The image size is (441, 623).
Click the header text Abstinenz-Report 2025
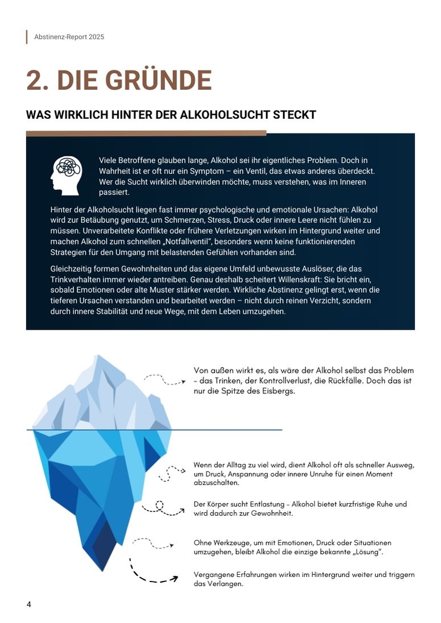click(x=69, y=37)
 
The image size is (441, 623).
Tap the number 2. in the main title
click(x=37, y=81)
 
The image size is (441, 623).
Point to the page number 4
click(x=29, y=604)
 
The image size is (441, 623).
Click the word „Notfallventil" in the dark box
click(x=187, y=242)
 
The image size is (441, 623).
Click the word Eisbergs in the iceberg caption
click(x=279, y=391)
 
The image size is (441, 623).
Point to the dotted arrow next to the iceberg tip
click(x=164, y=379)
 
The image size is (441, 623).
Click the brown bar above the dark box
click(x=146, y=134)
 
